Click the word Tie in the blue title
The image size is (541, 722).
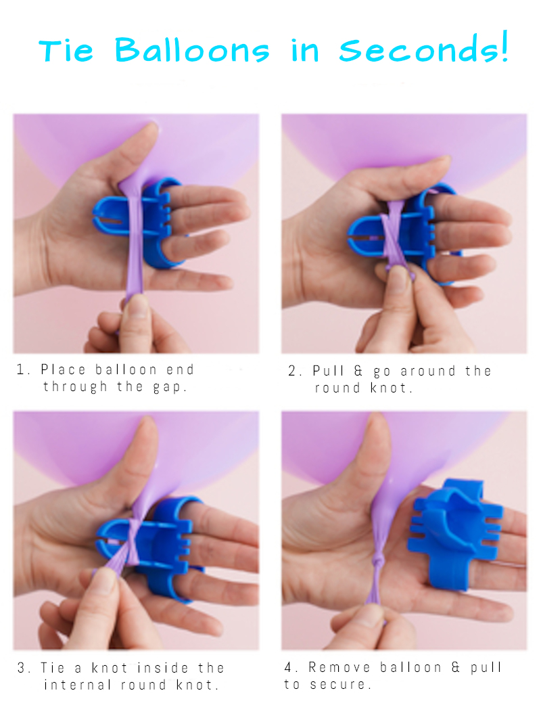(66, 51)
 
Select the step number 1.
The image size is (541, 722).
(22, 369)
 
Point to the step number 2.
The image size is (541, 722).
(294, 371)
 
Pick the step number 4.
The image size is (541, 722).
(291, 667)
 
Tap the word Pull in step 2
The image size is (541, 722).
(329, 371)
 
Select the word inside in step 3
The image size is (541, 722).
(163, 668)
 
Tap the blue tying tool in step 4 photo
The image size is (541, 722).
(455, 534)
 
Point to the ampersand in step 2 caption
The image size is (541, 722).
(358, 371)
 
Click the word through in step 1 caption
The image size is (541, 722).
(76, 387)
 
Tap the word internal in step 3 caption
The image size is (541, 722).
(78, 685)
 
